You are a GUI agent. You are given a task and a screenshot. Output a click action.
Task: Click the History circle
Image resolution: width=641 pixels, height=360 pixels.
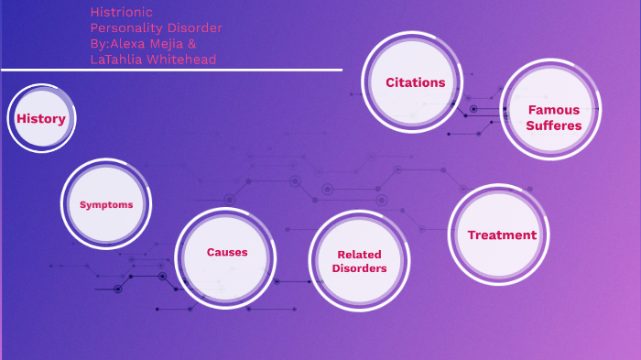click(41, 118)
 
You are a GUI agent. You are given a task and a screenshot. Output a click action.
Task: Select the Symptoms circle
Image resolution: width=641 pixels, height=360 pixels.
click(106, 204)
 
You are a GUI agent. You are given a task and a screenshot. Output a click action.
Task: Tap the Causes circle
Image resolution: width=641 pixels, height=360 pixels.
click(226, 252)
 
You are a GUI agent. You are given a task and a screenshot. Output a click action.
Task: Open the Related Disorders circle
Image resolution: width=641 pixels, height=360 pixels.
click(359, 261)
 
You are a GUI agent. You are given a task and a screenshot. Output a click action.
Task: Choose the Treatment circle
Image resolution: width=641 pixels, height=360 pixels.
click(502, 235)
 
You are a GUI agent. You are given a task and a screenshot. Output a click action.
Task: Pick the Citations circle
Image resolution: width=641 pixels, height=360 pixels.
click(415, 82)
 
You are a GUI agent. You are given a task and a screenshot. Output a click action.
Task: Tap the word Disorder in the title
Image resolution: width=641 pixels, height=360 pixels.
click(193, 27)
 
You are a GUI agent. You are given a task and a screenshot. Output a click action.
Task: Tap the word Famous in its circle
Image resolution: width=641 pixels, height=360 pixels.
click(554, 110)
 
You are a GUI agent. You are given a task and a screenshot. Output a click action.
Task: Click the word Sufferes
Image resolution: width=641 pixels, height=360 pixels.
click(554, 125)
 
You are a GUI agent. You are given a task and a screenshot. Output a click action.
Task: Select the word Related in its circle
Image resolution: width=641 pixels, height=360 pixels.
click(359, 255)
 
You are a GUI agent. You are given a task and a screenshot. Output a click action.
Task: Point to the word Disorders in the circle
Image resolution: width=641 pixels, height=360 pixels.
click(359, 268)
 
